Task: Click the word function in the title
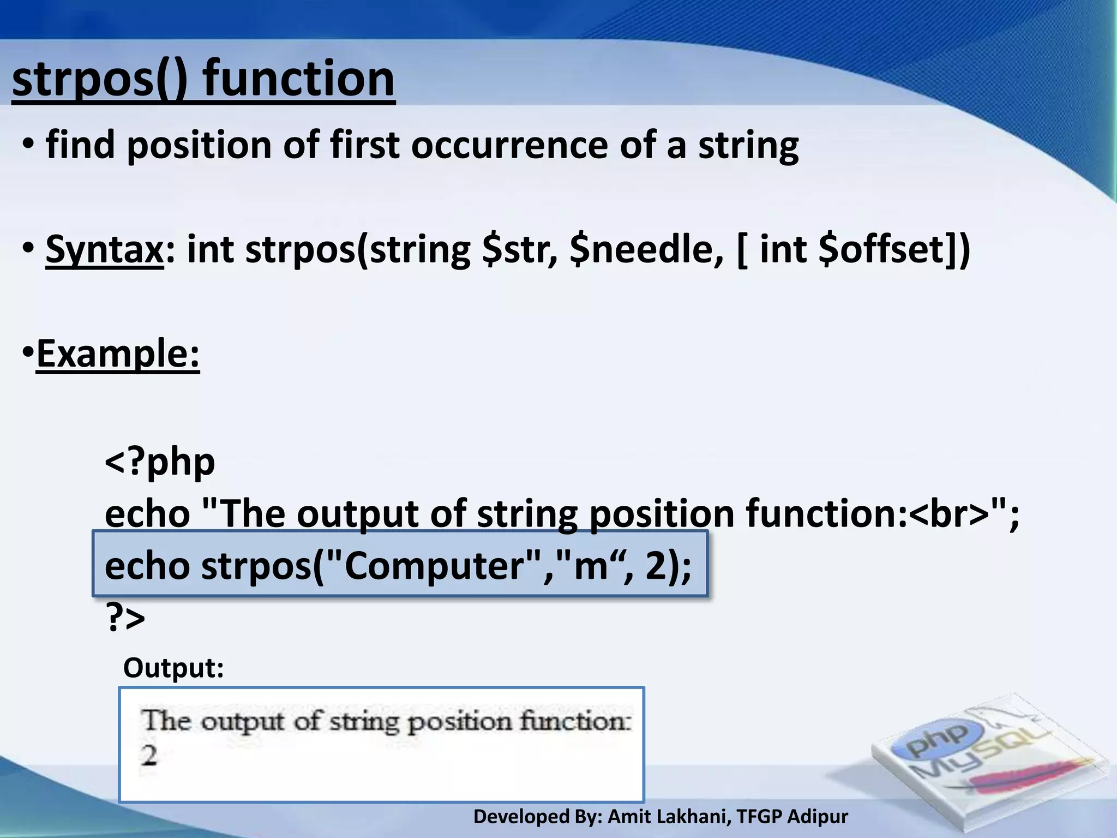click(x=298, y=79)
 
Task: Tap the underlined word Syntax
click(x=104, y=249)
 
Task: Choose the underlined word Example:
click(x=118, y=354)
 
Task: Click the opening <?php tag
click(x=160, y=462)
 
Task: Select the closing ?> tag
click(x=125, y=618)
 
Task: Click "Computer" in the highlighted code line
click(x=436, y=566)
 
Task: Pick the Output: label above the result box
click(x=173, y=668)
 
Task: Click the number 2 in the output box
click(x=149, y=756)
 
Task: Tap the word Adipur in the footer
click(x=818, y=817)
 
